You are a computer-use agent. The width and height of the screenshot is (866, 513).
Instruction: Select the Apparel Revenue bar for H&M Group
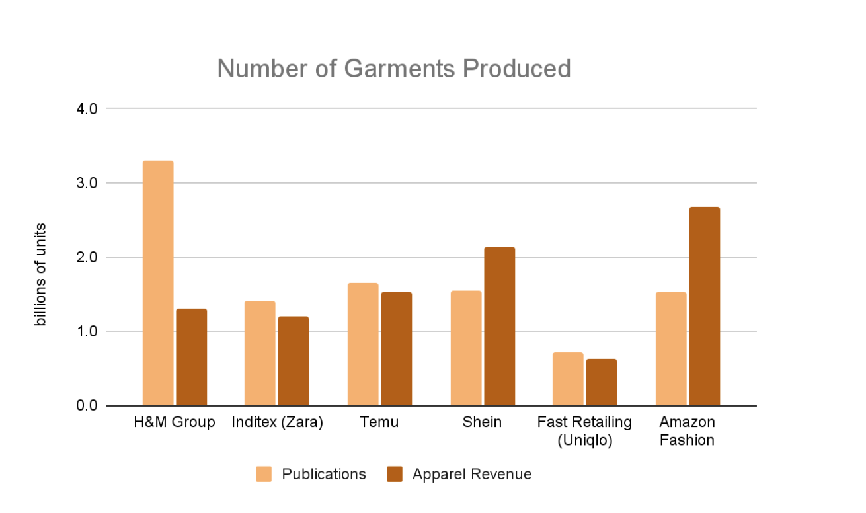tap(192, 357)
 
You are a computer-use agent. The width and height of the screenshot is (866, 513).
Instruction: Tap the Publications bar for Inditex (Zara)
tap(260, 353)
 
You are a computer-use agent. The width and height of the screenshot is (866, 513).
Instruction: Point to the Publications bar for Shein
tap(466, 348)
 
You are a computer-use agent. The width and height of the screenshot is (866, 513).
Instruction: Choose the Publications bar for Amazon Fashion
tap(671, 348)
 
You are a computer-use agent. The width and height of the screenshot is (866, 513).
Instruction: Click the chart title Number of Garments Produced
tap(394, 69)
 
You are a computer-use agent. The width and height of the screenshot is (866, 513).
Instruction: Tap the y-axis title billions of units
tap(41, 275)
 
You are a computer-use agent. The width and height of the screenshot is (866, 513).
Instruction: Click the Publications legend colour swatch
tap(264, 475)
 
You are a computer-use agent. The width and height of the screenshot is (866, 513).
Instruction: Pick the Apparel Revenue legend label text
tap(472, 475)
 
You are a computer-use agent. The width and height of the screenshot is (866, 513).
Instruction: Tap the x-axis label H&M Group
tap(175, 422)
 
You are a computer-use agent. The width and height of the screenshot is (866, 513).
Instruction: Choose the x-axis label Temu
tap(379, 422)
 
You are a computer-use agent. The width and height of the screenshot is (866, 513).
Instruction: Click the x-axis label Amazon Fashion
tap(688, 431)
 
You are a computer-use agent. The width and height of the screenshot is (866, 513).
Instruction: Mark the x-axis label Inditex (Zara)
tap(277, 422)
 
